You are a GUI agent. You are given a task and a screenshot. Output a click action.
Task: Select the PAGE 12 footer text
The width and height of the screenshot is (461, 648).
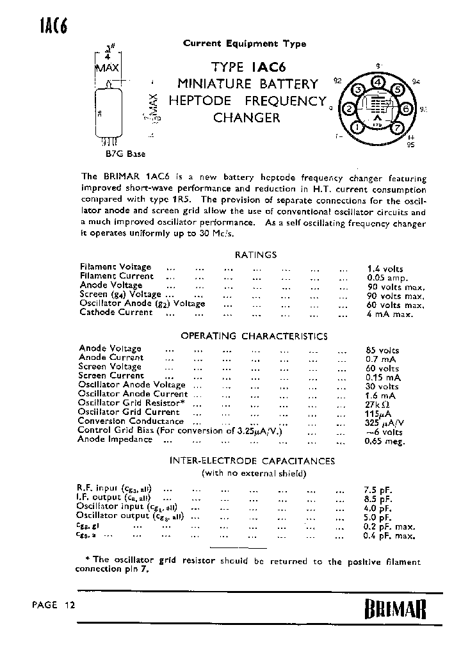53,605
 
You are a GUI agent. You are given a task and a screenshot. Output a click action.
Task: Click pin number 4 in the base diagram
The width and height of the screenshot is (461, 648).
378,83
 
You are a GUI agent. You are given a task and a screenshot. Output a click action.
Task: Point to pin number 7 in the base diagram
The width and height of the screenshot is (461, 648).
396,127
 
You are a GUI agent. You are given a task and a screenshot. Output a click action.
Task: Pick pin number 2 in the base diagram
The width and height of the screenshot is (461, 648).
349,109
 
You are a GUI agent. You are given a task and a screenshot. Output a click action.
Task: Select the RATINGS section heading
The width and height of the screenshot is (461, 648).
255,254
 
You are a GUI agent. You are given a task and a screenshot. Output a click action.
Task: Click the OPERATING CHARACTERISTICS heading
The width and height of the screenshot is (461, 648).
254,336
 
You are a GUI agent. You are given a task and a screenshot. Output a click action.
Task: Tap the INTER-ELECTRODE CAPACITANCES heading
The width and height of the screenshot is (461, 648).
252,460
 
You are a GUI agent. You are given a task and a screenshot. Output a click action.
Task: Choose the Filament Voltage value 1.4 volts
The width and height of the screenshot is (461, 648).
385,269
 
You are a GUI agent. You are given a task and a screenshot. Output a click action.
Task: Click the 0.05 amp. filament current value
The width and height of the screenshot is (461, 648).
387,278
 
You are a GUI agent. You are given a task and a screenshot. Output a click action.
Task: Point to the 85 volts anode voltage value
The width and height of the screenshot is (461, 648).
382,350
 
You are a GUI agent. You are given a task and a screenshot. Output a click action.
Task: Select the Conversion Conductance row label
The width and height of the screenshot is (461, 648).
131,421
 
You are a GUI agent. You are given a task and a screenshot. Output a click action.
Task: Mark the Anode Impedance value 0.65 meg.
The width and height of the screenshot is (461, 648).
385,441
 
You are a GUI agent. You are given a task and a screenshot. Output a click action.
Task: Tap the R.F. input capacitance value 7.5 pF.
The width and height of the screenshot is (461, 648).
378,490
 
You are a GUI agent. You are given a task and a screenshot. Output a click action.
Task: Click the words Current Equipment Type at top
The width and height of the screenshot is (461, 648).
245,44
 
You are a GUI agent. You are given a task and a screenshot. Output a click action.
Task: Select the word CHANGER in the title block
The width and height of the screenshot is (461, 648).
247,118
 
